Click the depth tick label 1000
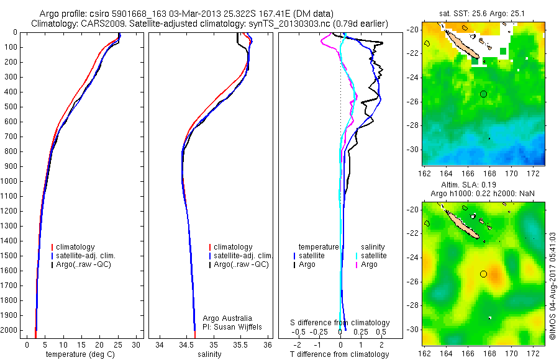[x=10, y=181]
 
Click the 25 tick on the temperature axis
[x=118, y=344]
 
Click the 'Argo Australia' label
[x=229, y=318]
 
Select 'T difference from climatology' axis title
[x=340, y=354]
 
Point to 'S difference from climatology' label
[x=340, y=323]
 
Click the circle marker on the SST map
[x=484, y=94]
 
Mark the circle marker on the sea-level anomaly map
[x=484, y=273]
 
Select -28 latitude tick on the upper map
[x=414, y=125]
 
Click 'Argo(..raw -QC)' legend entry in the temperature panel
[x=84, y=264]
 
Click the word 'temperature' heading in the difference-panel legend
[x=319, y=247]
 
